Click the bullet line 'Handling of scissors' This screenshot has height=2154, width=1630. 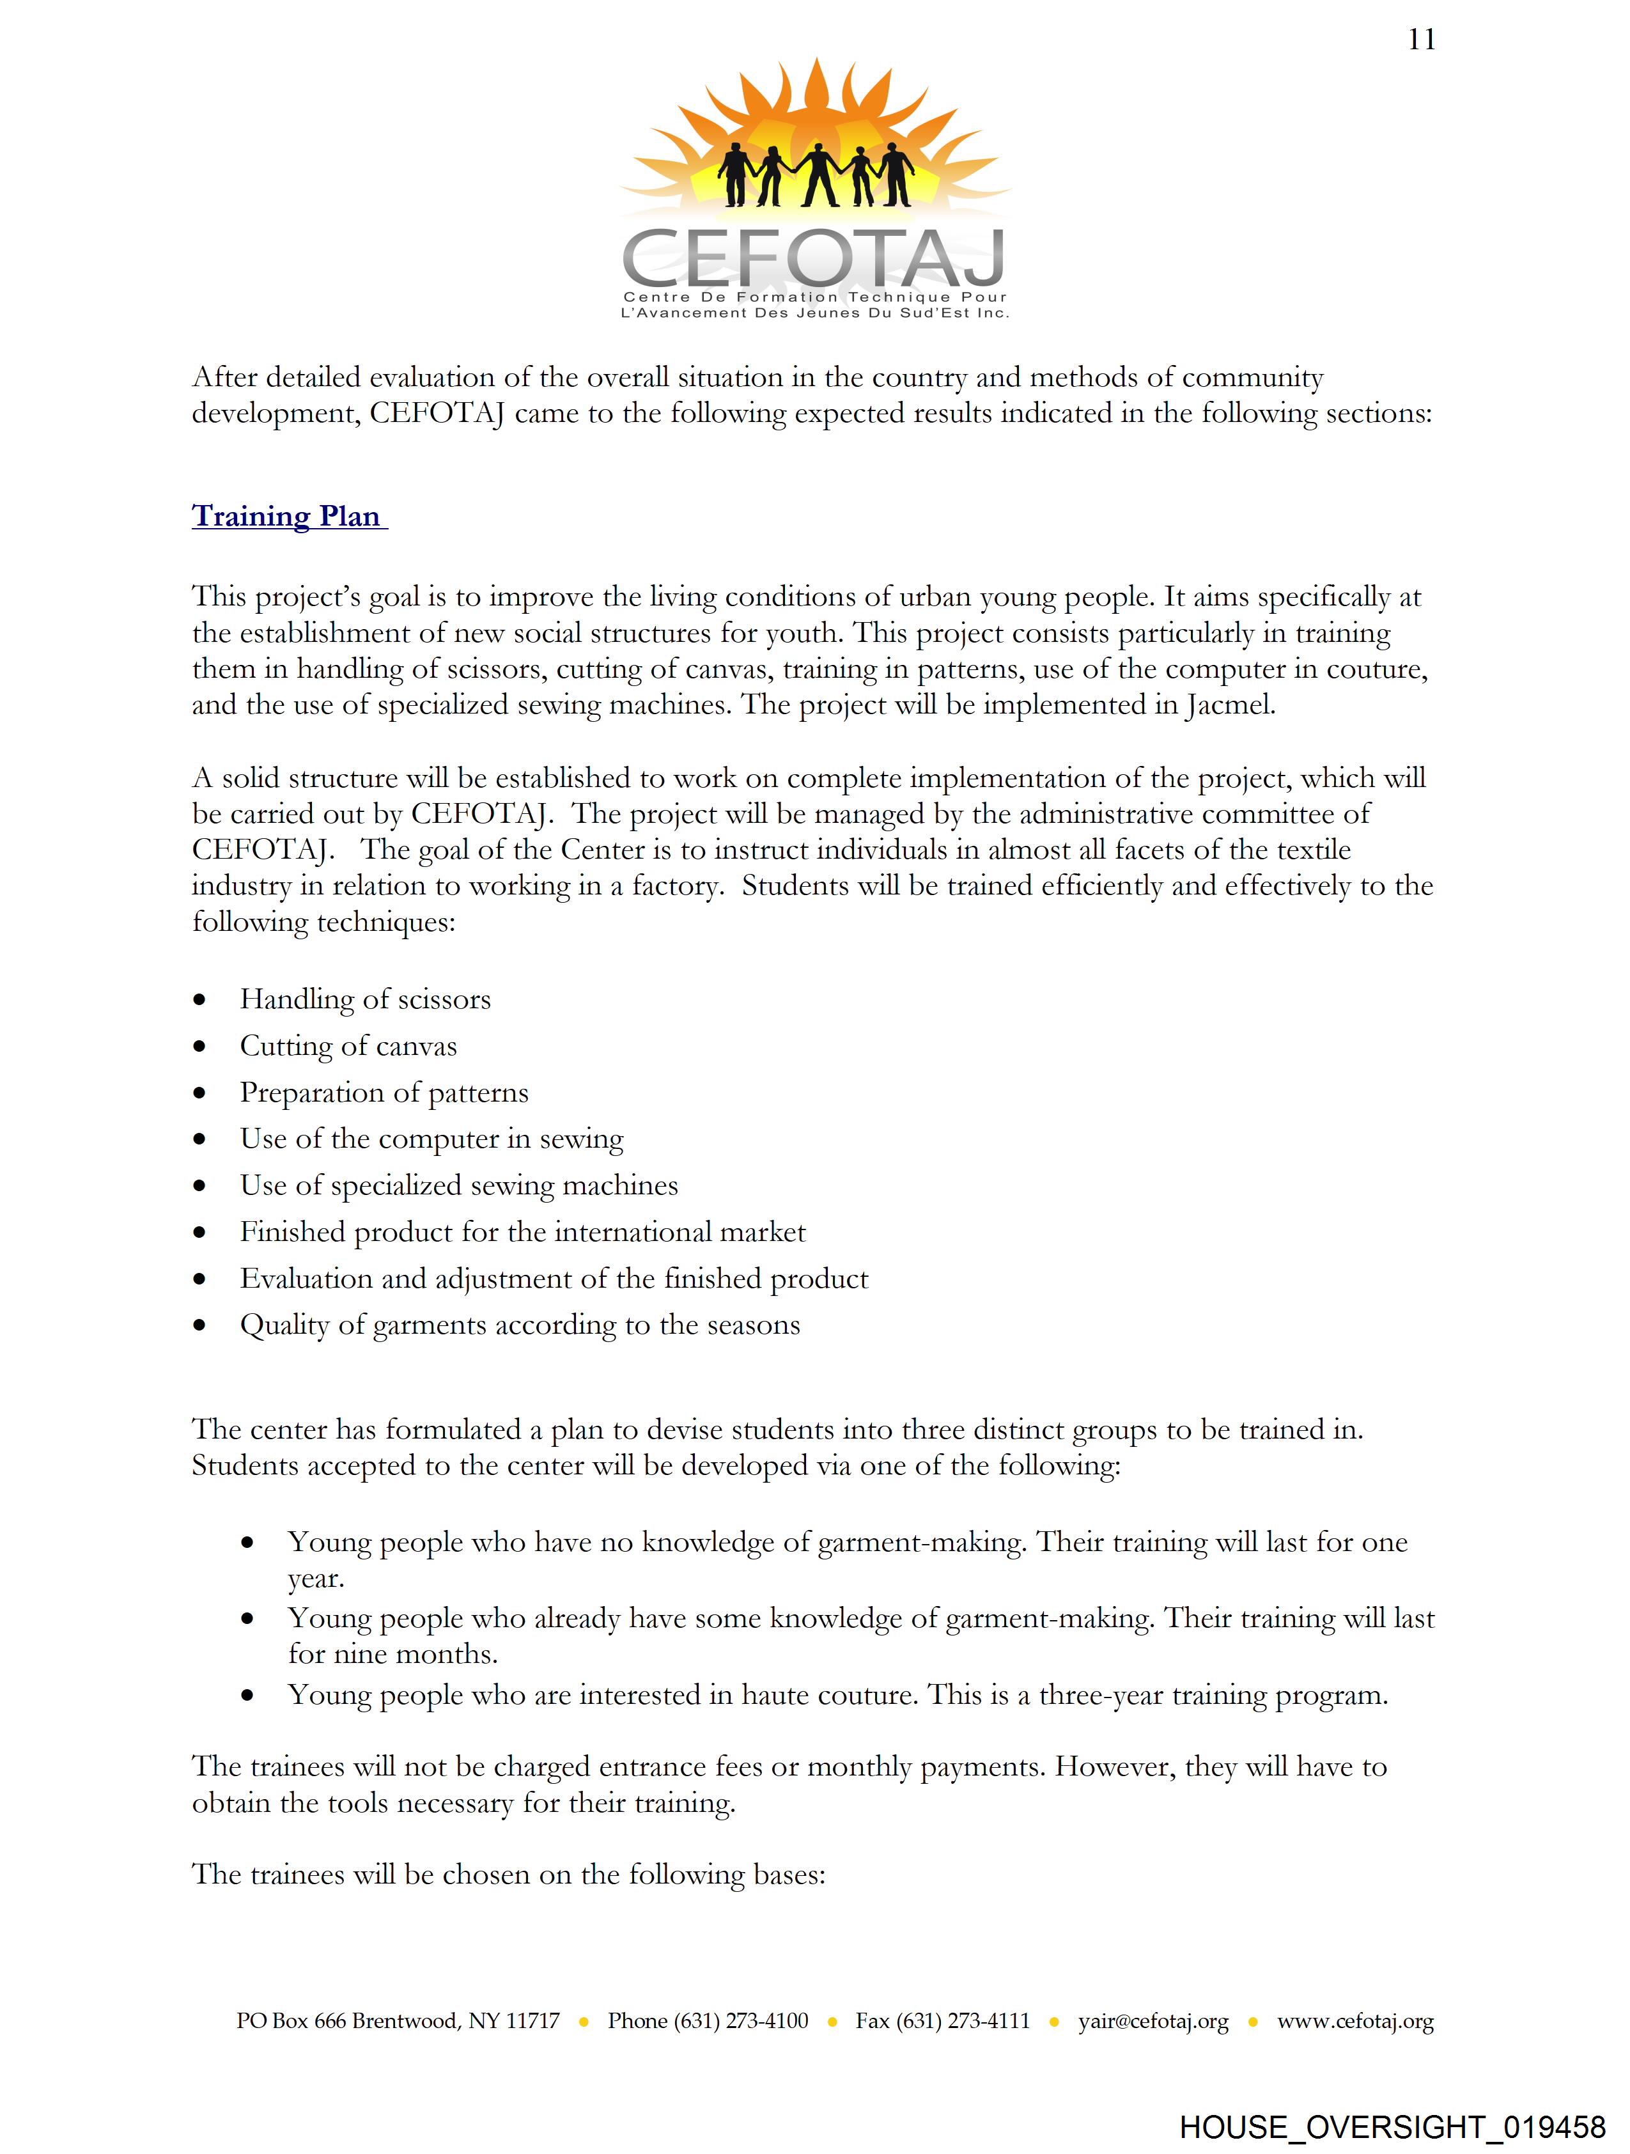[x=365, y=999]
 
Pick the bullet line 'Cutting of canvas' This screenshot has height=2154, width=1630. [x=348, y=1046]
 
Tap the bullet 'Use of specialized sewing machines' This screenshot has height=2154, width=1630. [x=458, y=1185]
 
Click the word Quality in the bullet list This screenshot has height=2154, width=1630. [x=284, y=1325]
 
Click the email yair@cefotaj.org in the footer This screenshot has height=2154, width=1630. [x=1153, y=2020]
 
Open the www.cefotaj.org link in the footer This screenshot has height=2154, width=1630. [x=1355, y=2020]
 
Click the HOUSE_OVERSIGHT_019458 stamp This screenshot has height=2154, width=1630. [x=1392, y=2127]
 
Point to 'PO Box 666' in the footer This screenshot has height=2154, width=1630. [x=291, y=2020]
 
